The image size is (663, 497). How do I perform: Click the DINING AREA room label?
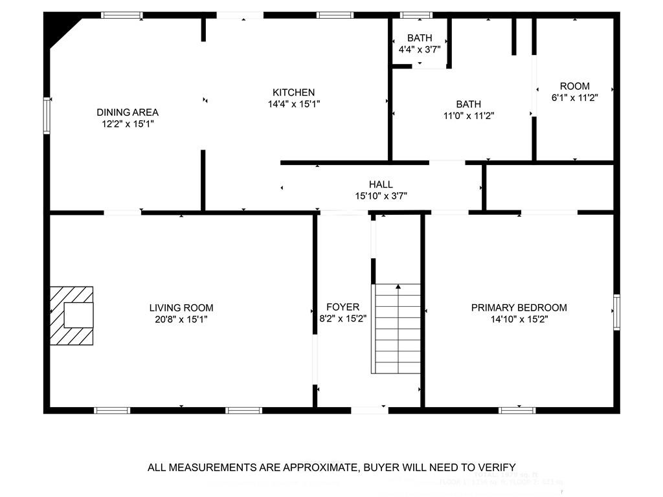pyautogui.click(x=128, y=112)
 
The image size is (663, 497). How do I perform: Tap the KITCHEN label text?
pyautogui.click(x=293, y=93)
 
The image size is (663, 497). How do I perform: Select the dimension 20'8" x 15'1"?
pyautogui.click(x=181, y=319)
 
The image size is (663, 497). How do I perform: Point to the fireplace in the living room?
pyautogui.click(x=73, y=315)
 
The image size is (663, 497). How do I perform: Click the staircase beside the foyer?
pyautogui.click(x=396, y=329)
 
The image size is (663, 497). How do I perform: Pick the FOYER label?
pyautogui.click(x=343, y=307)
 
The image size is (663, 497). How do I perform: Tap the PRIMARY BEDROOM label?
pyautogui.click(x=519, y=307)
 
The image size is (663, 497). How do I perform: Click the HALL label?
pyautogui.click(x=381, y=184)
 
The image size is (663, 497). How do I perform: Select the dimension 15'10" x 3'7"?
pyautogui.click(x=381, y=195)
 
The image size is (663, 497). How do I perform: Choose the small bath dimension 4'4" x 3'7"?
pyautogui.click(x=419, y=49)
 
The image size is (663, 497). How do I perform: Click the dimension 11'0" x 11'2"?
pyautogui.click(x=468, y=115)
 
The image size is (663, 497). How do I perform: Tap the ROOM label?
pyautogui.click(x=574, y=86)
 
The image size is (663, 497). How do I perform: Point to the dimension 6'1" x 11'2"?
pyautogui.click(x=574, y=98)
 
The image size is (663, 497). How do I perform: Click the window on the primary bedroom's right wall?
pyautogui.click(x=616, y=311)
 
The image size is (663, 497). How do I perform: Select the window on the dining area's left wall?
pyautogui.click(x=47, y=115)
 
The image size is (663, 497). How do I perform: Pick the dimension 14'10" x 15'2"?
pyautogui.click(x=519, y=319)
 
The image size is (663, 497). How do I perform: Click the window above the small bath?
pyautogui.click(x=416, y=15)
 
